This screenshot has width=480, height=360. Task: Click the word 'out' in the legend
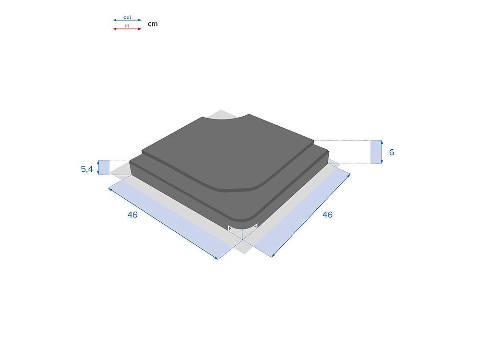[x=127, y=17]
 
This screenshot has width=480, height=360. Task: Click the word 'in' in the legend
[x=127, y=26]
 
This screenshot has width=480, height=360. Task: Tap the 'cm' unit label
[x=153, y=24]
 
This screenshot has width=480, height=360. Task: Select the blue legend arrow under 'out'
[x=127, y=20]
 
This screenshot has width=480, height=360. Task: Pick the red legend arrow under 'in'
[x=127, y=29]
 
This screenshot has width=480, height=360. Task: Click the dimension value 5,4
[x=86, y=168]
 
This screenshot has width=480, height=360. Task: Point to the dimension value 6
[x=392, y=152]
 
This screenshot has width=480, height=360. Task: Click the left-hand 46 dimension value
[x=132, y=215]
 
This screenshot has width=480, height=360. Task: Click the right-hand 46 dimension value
[x=327, y=215]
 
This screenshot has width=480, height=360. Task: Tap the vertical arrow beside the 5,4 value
[x=98, y=168]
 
